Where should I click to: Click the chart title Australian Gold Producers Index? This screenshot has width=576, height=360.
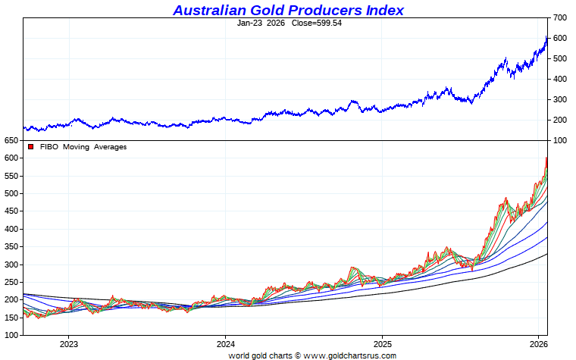tap(288, 10)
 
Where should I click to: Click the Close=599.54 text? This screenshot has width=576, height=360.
tap(313, 23)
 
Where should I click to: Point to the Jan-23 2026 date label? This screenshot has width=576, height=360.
tap(261, 23)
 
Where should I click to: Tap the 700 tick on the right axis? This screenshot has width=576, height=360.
tap(560, 17)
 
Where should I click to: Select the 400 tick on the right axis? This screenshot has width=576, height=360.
tap(560, 79)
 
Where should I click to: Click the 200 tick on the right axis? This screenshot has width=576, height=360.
tap(560, 120)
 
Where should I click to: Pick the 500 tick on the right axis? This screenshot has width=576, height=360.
tap(560, 58)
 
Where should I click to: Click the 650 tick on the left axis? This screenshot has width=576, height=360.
tap(11, 141)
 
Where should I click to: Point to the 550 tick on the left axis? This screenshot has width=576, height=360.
tap(11, 176)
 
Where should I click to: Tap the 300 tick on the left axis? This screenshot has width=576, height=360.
tap(11, 265)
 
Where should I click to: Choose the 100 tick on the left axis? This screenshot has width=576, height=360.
tap(11, 335)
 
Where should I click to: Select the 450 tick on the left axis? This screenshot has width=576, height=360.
tap(11, 211)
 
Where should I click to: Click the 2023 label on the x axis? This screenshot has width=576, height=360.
tap(68, 343)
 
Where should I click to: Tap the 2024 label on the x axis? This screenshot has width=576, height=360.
tap(225, 343)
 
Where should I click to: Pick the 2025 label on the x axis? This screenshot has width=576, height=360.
tap(382, 343)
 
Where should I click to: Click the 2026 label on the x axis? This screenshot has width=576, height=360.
tap(538, 343)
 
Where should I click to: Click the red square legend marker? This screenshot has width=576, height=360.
tap(30, 147)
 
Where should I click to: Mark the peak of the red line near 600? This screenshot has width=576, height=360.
tap(546, 158)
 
